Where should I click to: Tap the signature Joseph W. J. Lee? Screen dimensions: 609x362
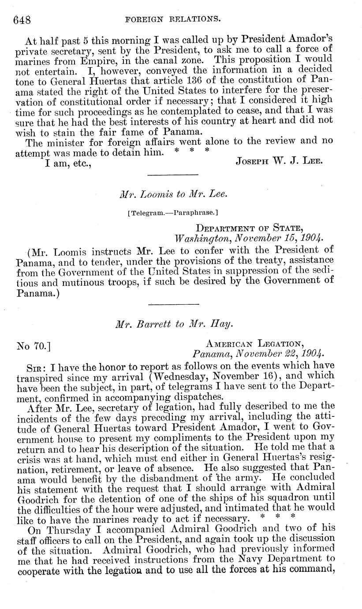(280, 161)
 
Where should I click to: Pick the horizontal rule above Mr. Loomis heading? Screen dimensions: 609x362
(173, 176)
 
